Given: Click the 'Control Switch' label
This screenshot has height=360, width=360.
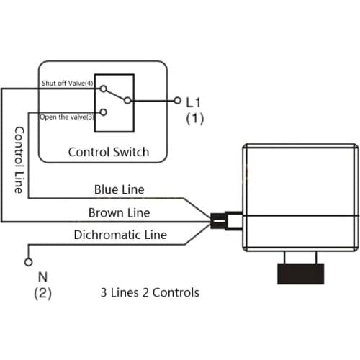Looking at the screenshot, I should [x=109, y=152].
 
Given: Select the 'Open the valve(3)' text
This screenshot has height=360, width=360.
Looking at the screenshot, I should [x=66, y=117].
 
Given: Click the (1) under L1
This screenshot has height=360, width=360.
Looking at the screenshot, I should [x=194, y=119].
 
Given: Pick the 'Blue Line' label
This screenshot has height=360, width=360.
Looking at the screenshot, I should [x=119, y=190].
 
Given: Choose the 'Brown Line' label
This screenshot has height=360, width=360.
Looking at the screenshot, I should [x=119, y=212].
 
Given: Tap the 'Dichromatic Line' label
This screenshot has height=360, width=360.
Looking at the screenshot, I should [x=120, y=235].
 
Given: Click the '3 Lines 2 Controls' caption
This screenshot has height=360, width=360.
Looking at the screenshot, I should [x=149, y=293].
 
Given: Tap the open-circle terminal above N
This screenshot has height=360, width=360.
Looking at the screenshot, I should [x=29, y=261].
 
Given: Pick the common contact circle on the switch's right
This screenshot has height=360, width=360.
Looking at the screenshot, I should [x=127, y=100].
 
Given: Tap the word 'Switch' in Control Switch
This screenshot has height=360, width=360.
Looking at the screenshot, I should [x=132, y=152].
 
